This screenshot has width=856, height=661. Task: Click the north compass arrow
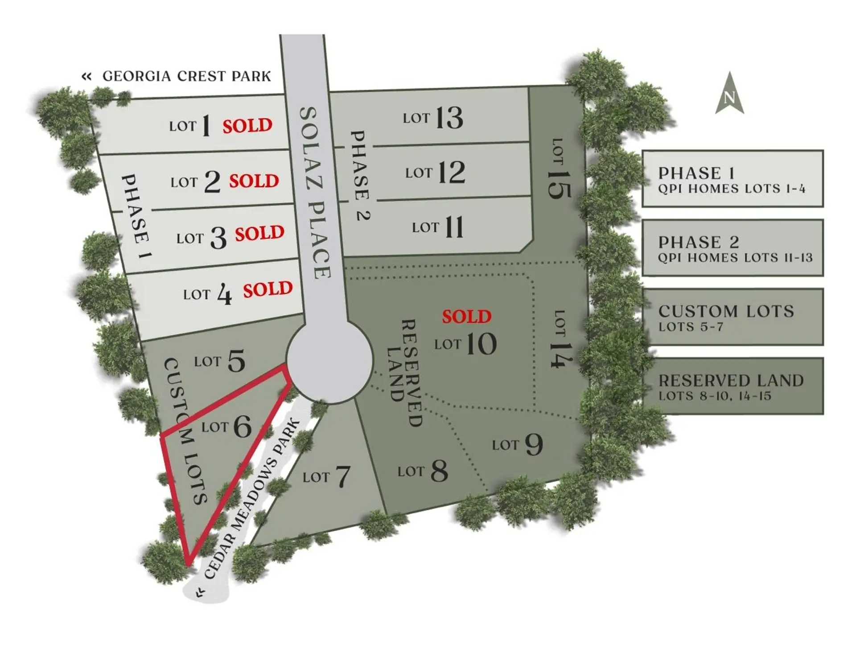point(729,95)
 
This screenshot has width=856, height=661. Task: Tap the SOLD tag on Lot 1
point(247,126)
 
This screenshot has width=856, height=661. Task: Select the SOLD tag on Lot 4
point(267,290)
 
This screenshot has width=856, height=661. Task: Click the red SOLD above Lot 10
point(466,316)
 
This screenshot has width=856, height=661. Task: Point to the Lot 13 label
point(433,118)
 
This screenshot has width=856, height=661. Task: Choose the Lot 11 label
point(438,227)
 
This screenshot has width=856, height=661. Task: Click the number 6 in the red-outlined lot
point(243,427)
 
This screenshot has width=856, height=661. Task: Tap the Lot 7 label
point(326,477)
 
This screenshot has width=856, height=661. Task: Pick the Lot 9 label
point(517,444)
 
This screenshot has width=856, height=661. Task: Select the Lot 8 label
point(423,471)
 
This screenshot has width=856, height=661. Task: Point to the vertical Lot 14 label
point(560,339)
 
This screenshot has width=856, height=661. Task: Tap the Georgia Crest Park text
point(186,76)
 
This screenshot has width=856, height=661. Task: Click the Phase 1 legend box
point(732,179)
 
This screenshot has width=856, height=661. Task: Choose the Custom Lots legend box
point(732,317)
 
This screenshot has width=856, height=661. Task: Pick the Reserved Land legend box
point(732,386)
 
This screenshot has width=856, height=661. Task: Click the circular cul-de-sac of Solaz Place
point(329,361)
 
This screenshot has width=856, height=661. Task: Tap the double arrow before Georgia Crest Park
point(86,77)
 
